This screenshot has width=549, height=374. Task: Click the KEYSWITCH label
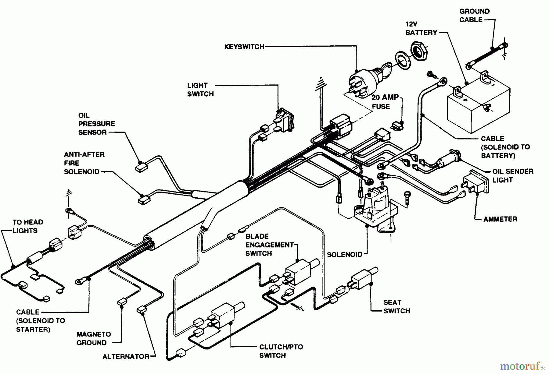pos(244,47)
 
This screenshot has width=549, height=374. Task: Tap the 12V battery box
pos(478,107)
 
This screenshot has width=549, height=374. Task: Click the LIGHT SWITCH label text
pos(200,90)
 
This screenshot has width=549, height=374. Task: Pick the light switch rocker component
pos(285,120)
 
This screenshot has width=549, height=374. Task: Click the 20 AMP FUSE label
pos(385,102)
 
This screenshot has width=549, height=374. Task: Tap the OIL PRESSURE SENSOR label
pos(96,124)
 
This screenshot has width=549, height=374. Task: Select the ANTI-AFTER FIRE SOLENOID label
pos(84,163)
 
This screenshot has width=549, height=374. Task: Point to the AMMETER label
pos(500,219)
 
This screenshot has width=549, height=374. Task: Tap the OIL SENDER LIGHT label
pos(513,175)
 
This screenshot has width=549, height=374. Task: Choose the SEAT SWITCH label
pos(396,306)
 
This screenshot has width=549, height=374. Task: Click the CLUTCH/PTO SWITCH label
pos(281,351)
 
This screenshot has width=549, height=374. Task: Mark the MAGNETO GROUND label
pos(94,338)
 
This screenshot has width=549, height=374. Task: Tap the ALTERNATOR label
pos(126,356)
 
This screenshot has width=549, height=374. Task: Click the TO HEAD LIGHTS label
pos(28,226)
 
